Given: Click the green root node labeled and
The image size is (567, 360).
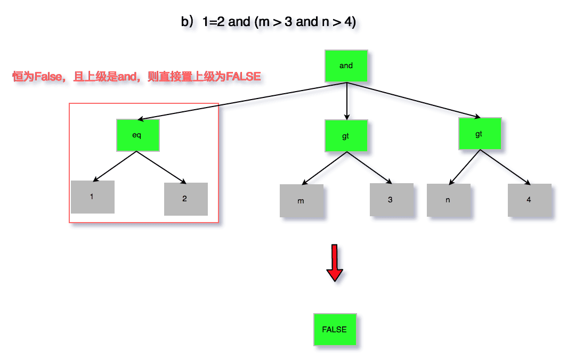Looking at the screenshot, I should [346, 66].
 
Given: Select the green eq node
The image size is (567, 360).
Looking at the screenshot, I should [137, 135].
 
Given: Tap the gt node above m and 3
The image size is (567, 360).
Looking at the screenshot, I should [346, 136].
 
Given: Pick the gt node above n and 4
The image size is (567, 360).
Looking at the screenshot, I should [480, 134].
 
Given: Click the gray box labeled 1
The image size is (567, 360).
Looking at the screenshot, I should [92, 197].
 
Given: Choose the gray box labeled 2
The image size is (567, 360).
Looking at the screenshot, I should [185, 199].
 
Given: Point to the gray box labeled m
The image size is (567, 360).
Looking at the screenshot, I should [302, 201].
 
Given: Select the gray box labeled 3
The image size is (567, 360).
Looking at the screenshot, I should [391, 200].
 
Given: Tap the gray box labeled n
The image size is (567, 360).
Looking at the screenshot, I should [448, 200].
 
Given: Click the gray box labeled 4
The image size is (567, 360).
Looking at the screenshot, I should [529, 200].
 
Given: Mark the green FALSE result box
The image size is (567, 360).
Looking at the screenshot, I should [335, 330].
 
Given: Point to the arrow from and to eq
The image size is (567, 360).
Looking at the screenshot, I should [240, 102].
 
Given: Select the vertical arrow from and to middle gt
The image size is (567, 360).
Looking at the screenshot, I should [347, 101].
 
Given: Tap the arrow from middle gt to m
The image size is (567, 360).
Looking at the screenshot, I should [325, 168].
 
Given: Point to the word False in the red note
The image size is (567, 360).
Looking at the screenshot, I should [48, 77].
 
